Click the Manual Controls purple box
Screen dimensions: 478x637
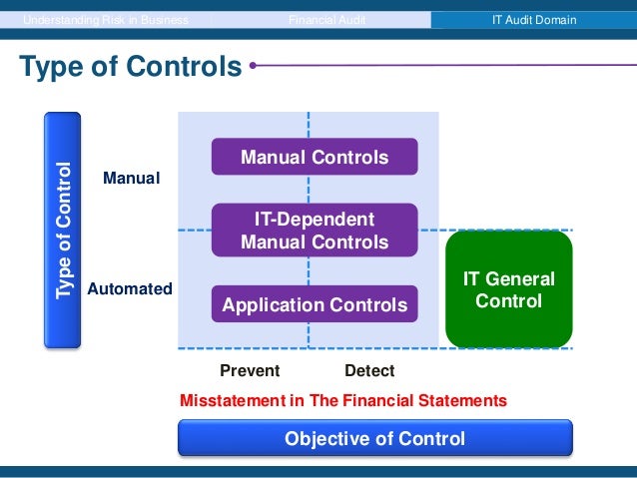(314, 158)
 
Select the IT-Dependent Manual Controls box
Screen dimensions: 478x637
(314, 231)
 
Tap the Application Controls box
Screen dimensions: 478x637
(314, 304)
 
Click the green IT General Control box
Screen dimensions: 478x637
(508, 289)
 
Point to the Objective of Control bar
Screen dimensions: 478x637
(374, 438)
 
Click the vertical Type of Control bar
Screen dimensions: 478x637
(62, 230)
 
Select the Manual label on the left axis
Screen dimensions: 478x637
(132, 179)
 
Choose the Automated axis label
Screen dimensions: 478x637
(130, 289)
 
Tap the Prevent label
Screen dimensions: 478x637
(250, 371)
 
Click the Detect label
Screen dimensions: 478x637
(369, 371)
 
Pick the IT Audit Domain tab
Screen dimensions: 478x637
(533, 19)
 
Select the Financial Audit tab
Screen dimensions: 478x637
(322, 19)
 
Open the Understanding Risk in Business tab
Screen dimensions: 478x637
(106, 19)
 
